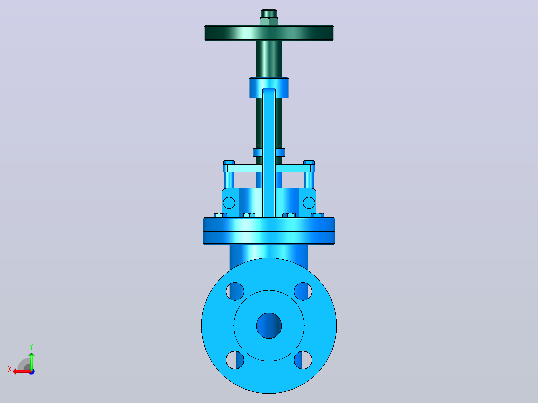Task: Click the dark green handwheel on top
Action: [269, 33]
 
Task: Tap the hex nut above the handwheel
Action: [269, 21]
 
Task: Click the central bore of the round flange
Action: [269, 326]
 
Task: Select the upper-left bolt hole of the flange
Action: [235, 291]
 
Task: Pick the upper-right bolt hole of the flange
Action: [303, 291]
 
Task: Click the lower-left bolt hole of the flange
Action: [235, 360]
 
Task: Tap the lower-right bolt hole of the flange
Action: [303, 360]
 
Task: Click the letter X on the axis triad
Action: [10, 369]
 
